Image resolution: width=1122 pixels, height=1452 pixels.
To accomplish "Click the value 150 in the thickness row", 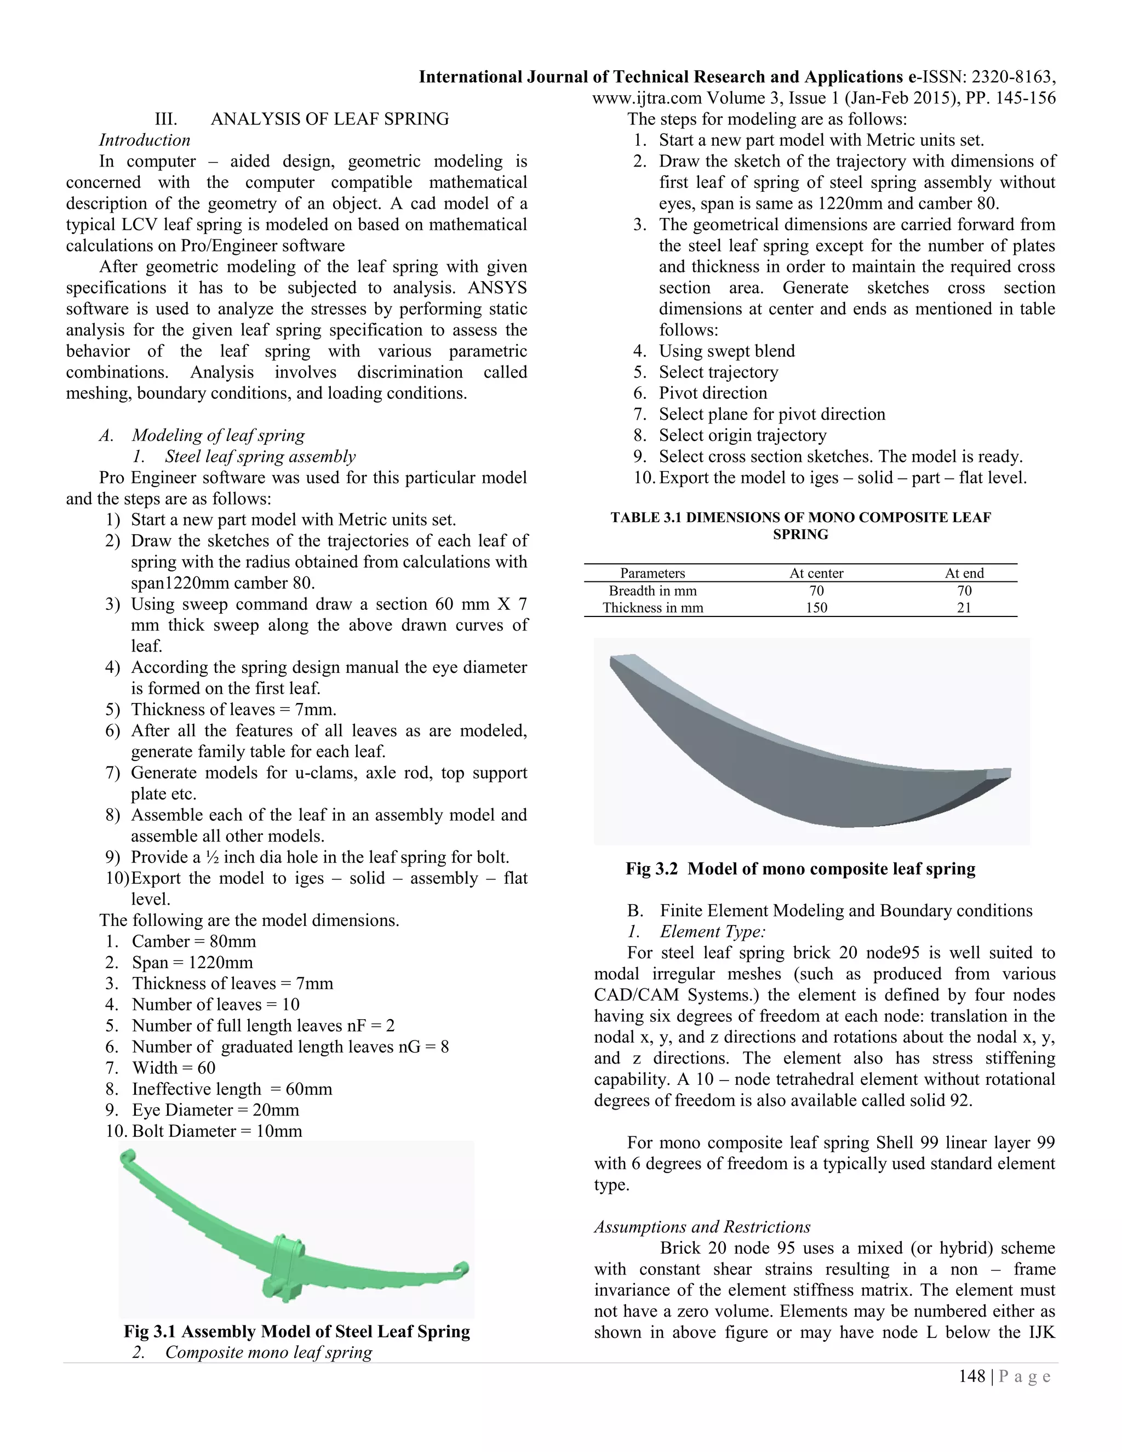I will pos(816,608).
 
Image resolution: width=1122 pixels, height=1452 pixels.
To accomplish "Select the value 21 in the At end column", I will pos(964,608).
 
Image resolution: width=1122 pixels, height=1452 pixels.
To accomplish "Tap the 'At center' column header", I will pos(816,573).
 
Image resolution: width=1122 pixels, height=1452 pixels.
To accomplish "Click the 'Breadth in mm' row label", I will pos(652,590).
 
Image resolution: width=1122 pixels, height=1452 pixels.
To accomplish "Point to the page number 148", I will pos(972,1376).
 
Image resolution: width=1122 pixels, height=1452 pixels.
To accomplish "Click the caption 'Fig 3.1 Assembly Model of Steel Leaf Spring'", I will pos(296,1331).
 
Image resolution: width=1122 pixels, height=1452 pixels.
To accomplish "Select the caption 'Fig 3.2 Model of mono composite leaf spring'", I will pos(800,869).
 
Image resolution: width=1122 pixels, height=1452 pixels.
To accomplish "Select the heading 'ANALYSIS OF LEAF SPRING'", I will pos(330,119).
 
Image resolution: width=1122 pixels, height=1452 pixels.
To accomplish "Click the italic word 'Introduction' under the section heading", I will pos(144,140).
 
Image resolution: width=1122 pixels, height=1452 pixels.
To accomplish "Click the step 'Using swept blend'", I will pos(726,351).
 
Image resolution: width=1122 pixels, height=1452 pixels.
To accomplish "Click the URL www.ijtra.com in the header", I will pos(647,99).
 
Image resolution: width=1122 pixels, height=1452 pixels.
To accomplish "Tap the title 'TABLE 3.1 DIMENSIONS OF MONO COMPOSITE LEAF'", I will pos(800,517).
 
